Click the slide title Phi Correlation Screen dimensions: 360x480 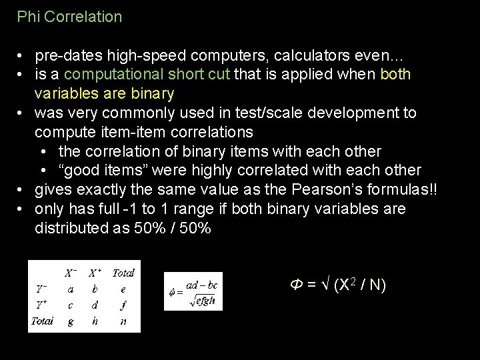coord(69,17)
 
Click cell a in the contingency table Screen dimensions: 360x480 coord(71,289)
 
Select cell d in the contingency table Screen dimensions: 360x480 coord(95,305)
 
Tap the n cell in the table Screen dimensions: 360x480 coord(123,321)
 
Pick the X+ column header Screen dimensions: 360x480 coord(95,273)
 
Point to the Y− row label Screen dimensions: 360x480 coord(41,289)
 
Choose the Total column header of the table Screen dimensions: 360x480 coord(123,273)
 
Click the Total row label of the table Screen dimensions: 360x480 coord(42,321)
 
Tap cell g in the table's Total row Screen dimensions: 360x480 coord(71,321)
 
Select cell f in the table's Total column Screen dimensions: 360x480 coord(123,305)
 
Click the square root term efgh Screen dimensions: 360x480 coord(203,301)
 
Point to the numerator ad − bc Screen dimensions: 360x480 coord(202,285)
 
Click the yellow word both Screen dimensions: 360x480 coord(395,74)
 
